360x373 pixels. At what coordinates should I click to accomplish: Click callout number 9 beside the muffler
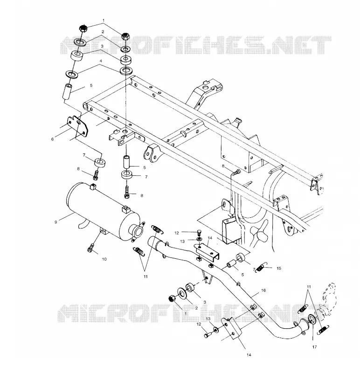click(x=55, y=222)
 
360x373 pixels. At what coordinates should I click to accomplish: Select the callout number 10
click(x=104, y=259)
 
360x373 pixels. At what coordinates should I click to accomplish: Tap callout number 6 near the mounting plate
click(x=53, y=139)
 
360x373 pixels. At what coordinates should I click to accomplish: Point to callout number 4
click(x=101, y=61)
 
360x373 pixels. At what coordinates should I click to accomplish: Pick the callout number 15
click(x=279, y=268)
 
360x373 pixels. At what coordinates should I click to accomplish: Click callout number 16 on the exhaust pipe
click(x=263, y=290)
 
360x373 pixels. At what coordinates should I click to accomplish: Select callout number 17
click(x=315, y=347)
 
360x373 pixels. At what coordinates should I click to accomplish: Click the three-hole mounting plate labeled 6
click(x=77, y=127)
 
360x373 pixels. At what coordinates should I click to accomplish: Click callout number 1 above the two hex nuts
click(x=103, y=21)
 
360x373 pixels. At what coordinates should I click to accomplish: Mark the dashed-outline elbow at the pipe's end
click(x=329, y=298)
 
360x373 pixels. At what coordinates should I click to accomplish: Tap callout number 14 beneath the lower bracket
click(x=249, y=355)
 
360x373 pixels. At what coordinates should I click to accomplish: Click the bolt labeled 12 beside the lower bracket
click(x=207, y=335)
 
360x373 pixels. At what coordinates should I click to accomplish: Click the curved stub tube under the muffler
click(x=83, y=223)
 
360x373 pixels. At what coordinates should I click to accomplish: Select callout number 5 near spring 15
click(x=242, y=275)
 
